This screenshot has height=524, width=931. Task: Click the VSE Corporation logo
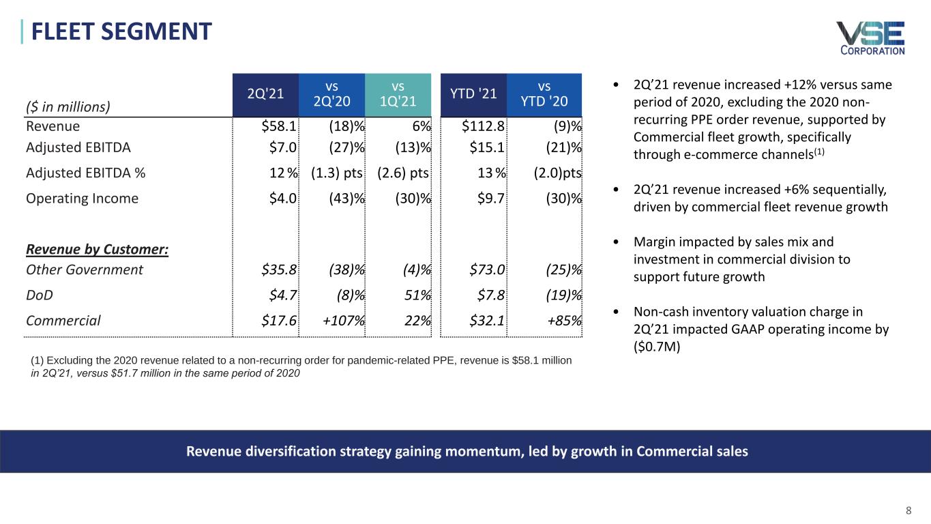click(870, 38)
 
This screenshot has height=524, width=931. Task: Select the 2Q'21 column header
click(265, 95)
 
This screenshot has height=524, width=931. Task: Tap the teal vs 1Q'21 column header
click(398, 95)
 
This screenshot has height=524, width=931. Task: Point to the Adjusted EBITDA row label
click(78, 147)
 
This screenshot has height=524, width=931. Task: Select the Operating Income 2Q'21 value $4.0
click(282, 199)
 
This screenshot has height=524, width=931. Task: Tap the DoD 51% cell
click(415, 295)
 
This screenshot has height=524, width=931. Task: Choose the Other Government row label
click(84, 270)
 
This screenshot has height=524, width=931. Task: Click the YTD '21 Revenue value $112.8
click(483, 126)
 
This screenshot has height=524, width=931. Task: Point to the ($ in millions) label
click(68, 106)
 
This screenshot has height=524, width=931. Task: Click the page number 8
click(908, 510)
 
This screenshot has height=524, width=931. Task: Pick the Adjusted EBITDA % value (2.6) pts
click(402, 173)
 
